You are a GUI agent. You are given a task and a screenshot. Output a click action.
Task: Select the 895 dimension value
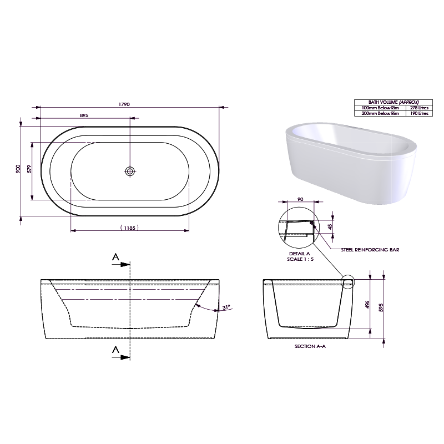(x=84, y=115)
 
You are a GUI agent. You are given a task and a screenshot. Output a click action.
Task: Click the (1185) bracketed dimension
(x=129, y=228)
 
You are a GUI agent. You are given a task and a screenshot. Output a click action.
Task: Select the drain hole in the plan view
(x=130, y=171)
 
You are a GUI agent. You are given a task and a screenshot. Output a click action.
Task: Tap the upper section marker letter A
(x=115, y=256)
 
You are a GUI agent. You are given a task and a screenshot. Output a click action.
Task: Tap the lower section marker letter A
(x=115, y=349)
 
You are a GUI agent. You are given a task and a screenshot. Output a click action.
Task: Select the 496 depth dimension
(x=367, y=307)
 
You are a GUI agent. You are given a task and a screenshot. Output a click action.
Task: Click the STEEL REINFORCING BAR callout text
(x=371, y=250)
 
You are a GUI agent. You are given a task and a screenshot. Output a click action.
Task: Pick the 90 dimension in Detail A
(x=300, y=199)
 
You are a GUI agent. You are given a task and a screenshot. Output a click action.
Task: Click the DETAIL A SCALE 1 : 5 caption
(x=295, y=255)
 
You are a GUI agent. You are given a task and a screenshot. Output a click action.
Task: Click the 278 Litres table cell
(x=418, y=108)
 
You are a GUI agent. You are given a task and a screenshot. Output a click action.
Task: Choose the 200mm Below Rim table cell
(x=380, y=113)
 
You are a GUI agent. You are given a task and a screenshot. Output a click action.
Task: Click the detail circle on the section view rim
(x=348, y=283)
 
